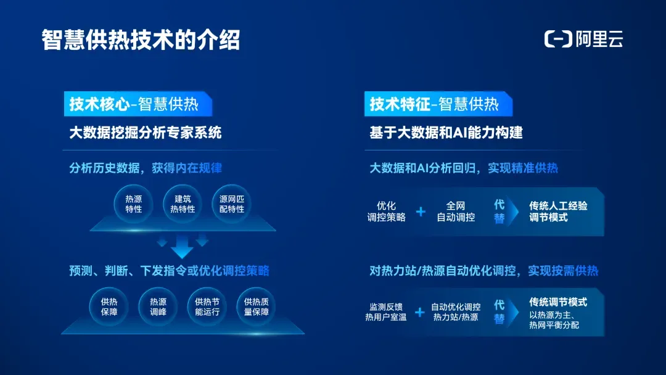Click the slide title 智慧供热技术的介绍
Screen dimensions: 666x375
[141, 40]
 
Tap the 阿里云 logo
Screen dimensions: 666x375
[583, 39]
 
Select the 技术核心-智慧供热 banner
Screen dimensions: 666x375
[138, 104]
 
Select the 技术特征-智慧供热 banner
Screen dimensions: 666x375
[438, 104]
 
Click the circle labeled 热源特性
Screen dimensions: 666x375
[133, 204]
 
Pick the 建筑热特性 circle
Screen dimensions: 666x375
[183, 204]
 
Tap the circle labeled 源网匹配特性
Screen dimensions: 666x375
[231, 204]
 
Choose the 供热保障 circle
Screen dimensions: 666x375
[109, 307]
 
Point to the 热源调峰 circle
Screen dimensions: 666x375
[158, 307]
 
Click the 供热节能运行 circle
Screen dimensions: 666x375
[207, 307]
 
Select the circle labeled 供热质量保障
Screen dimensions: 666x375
[256, 307]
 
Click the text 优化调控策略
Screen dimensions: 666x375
[386, 212]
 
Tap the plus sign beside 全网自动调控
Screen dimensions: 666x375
[421, 212]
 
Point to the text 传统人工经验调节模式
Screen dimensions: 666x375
[558, 212]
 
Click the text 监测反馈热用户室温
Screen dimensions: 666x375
[385, 311]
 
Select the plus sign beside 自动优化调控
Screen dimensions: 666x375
[420, 312]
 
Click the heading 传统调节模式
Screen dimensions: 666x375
[558, 302]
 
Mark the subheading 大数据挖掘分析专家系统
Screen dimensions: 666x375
[146, 133]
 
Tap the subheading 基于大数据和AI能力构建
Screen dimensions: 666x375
[446, 133]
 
